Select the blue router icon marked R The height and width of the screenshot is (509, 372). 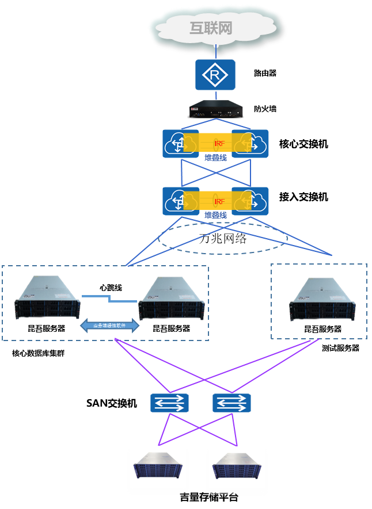point(215,75)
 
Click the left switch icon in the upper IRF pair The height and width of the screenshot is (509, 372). point(181,143)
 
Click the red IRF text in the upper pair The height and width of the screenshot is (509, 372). point(219,143)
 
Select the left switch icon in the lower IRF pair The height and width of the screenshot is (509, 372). point(181,201)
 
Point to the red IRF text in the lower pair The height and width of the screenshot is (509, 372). point(219,201)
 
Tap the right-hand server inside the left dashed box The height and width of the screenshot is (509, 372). point(171,298)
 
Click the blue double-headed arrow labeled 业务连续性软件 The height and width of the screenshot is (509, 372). point(109,326)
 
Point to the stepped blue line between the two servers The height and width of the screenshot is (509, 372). point(109,298)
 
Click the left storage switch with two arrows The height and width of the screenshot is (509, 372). point(170,403)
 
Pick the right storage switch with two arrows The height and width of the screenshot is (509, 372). point(231,403)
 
